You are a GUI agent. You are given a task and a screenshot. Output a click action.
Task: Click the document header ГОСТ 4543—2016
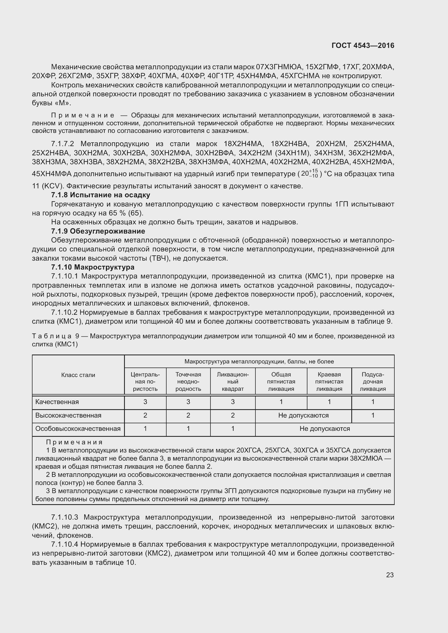tap(363, 45)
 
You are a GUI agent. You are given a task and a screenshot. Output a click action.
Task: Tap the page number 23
tap(390, 575)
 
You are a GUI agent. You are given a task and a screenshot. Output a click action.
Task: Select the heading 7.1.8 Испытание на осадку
tap(101, 195)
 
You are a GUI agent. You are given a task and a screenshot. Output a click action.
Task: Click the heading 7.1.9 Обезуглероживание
tap(98, 231)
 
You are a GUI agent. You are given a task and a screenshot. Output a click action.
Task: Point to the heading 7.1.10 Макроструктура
tap(93, 267)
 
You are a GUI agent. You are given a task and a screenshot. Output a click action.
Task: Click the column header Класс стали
tap(78, 375)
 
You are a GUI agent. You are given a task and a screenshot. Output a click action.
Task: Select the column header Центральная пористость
tap(145, 382)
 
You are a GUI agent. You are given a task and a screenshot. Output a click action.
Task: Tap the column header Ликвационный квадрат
tap(233, 382)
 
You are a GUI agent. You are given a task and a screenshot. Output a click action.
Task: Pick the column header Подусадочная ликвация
tap(373, 382)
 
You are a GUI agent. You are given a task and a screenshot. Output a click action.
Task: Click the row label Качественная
tap(57, 402)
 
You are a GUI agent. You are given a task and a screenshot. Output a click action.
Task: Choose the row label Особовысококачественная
tap(78, 429)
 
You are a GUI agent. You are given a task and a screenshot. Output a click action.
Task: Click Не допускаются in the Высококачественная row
tap(303, 415)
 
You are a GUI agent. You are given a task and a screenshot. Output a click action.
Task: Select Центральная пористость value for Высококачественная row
tap(145, 415)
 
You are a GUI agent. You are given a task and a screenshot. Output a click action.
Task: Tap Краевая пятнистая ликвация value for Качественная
tap(329, 402)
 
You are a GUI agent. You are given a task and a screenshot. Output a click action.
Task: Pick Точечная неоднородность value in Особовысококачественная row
tap(188, 429)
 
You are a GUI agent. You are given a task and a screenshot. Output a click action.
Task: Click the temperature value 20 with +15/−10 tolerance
tap(309, 173)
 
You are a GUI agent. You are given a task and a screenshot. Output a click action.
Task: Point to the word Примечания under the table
tap(74, 442)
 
